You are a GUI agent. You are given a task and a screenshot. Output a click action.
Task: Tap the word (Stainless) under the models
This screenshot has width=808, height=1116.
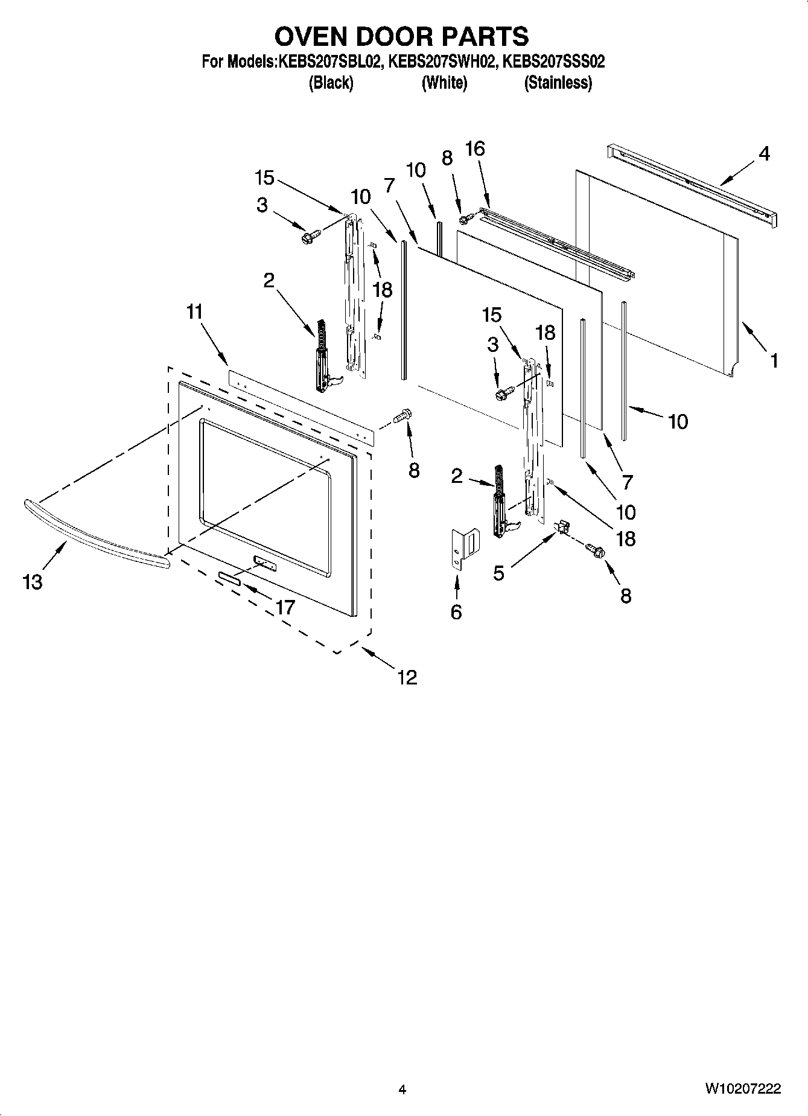pyautogui.click(x=558, y=83)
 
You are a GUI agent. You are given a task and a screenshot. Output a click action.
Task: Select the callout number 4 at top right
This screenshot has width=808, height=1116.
pyautogui.click(x=763, y=154)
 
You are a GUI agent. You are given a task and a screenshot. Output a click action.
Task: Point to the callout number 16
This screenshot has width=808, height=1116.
pyautogui.click(x=475, y=148)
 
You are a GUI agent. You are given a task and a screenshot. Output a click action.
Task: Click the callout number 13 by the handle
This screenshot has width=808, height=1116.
pyautogui.click(x=33, y=582)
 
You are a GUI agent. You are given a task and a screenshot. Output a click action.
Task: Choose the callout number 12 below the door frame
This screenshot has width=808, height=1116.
pyautogui.click(x=407, y=677)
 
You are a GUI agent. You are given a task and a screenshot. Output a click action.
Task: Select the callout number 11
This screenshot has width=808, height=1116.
pyautogui.click(x=194, y=312)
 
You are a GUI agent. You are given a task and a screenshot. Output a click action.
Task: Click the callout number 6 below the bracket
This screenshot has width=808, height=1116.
pyautogui.click(x=456, y=612)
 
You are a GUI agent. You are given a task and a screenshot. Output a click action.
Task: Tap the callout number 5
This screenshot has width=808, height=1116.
pyautogui.click(x=498, y=573)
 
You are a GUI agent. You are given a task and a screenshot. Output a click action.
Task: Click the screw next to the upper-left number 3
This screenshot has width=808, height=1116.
pyautogui.click(x=310, y=237)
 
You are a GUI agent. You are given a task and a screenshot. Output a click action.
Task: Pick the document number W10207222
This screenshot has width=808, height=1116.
pyautogui.click(x=742, y=1089)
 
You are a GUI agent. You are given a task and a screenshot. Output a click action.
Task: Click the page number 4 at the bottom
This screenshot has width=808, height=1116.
pyautogui.click(x=402, y=1089)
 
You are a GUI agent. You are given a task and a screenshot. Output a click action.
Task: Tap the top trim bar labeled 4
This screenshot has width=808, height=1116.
pyautogui.click(x=688, y=184)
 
